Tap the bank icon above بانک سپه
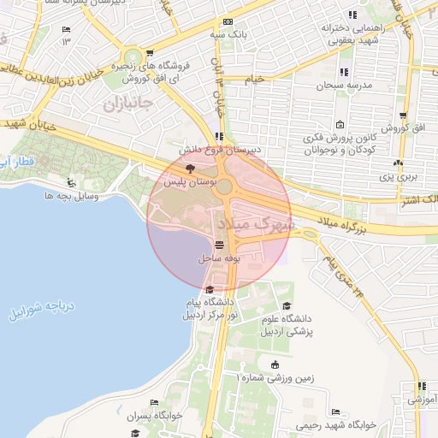click(227, 22)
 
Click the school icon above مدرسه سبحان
click(343, 72)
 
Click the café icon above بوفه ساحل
click(219, 243)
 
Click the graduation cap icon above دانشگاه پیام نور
click(210, 289)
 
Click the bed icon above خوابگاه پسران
click(154, 402)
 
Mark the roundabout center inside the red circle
click(224, 187)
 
